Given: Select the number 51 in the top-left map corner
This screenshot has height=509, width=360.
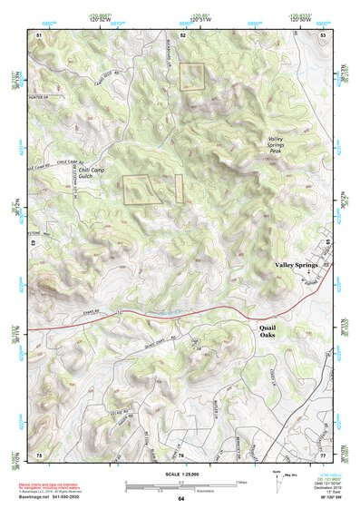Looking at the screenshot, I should tap(39, 34).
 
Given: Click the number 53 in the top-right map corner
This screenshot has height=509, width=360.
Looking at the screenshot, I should tap(323, 34).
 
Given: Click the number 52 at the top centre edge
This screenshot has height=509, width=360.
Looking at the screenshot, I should tap(182, 34).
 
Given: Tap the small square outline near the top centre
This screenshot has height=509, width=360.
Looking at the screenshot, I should tap(193, 75).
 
